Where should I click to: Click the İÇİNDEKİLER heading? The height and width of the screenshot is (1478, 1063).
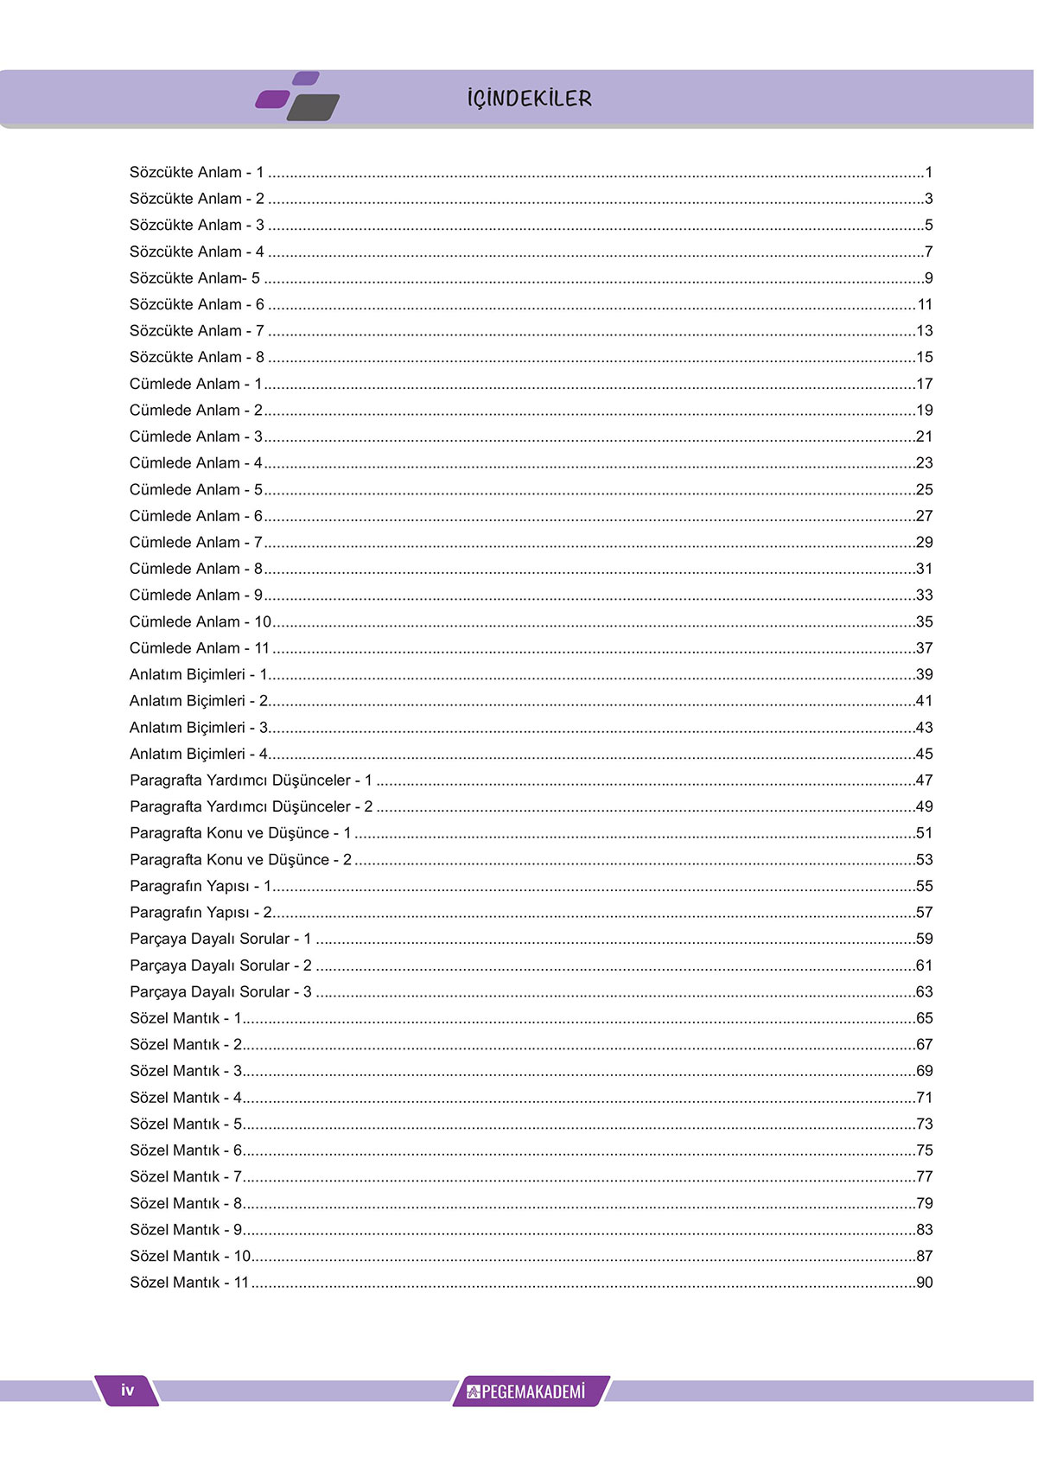pyautogui.click(x=529, y=99)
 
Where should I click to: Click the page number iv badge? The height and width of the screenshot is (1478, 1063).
pyautogui.click(x=128, y=1390)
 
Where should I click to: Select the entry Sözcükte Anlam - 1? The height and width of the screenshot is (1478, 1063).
pyautogui.click(x=196, y=173)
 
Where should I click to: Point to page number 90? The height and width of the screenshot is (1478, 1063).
pyautogui.click(x=924, y=1283)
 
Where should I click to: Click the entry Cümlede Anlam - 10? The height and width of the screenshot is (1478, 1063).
pyautogui.click(x=200, y=621)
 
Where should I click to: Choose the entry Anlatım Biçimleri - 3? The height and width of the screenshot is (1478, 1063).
pyautogui.click(x=199, y=728)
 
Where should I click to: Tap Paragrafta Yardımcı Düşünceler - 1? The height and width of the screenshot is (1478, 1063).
pyautogui.click(x=251, y=780)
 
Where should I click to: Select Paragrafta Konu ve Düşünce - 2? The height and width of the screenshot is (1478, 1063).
pyautogui.click(x=240, y=860)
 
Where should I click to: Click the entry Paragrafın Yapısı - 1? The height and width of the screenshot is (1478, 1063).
pyautogui.click(x=201, y=886)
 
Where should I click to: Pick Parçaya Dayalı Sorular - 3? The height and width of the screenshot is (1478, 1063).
pyautogui.click(x=220, y=992)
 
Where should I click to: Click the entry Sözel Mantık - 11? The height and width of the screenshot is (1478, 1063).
pyautogui.click(x=189, y=1283)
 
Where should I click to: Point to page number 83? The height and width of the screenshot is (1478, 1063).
pyautogui.click(x=924, y=1230)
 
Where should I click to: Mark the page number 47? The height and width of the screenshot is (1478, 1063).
pyautogui.click(x=924, y=780)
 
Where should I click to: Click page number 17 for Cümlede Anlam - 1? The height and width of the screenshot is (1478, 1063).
pyautogui.click(x=924, y=384)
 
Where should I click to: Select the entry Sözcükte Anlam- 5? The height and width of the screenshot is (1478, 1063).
pyautogui.click(x=194, y=278)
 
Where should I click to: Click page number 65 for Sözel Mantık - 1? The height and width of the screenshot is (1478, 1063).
pyautogui.click(x=924, y=1018)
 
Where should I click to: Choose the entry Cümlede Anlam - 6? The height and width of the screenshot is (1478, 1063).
pyautogui.click(x=195, y=516)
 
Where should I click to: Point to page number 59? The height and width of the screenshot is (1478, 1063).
pyautogui.click(x=924, y=939)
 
